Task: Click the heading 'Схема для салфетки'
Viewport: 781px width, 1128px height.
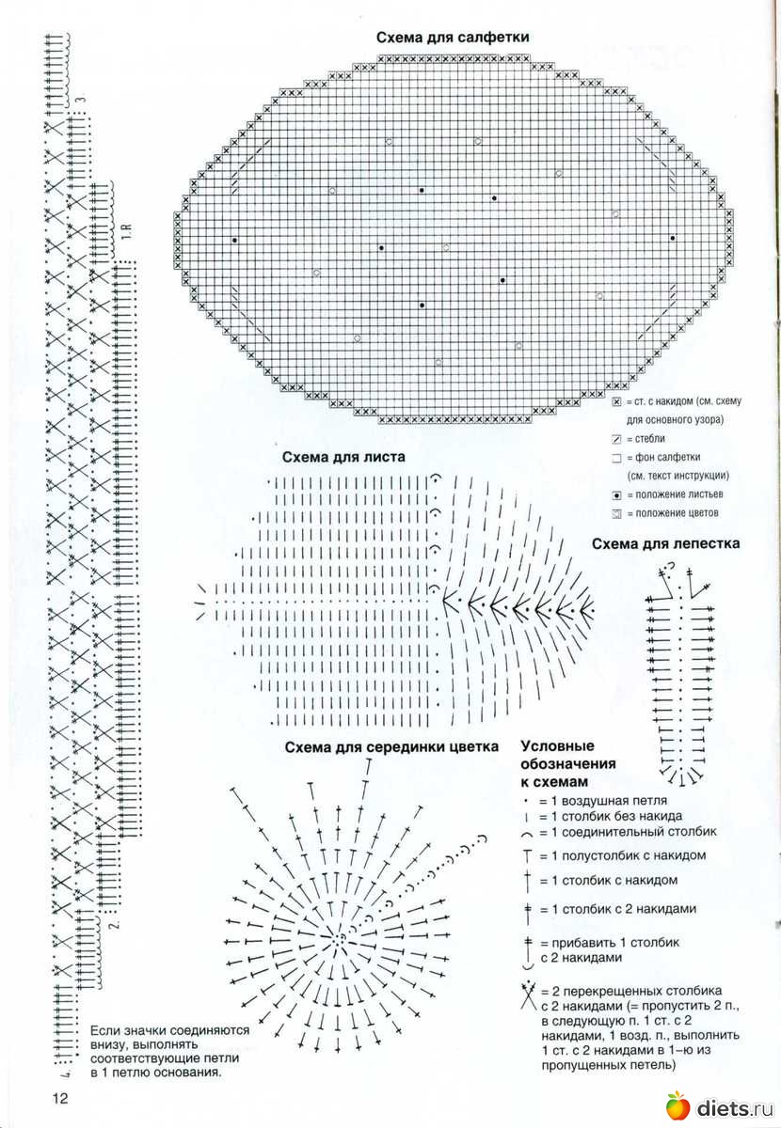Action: point(452,38)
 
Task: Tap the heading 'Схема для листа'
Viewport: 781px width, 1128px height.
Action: point(343,458)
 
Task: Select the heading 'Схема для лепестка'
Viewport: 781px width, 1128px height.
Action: point(665,543)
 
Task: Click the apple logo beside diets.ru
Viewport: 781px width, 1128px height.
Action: point(677,1106)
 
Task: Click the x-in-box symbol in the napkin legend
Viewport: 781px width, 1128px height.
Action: point(616,401)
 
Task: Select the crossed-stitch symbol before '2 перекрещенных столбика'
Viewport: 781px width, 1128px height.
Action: point(527,991)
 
